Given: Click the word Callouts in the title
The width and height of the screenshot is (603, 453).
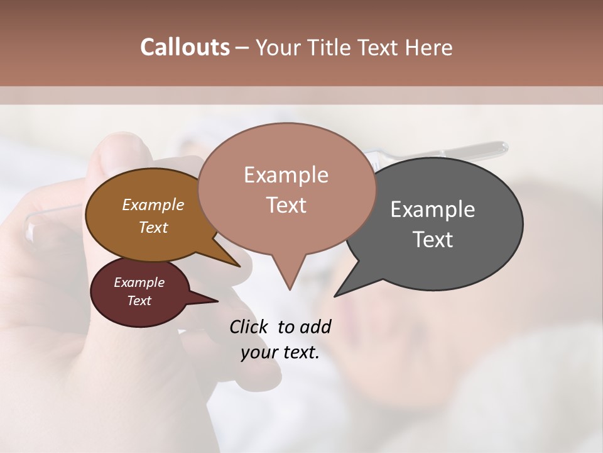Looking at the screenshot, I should click(x=185, y=47).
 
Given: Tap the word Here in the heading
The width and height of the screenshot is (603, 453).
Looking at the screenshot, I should click(x=426, y=47).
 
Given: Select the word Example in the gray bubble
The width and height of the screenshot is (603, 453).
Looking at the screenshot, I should click(x=433, y=210).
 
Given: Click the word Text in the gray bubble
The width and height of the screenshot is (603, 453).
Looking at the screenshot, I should click(x=433, y=239).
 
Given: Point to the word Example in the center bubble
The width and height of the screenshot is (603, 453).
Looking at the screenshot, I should click(x=286, y=175).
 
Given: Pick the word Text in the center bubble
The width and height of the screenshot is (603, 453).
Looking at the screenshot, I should click(x=286, y=204).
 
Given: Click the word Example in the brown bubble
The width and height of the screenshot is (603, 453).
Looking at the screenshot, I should click(x=153, y=204).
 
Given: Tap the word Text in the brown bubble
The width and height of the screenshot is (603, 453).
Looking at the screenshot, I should click(x=153, y=227).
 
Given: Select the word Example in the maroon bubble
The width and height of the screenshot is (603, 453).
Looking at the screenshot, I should click(x=139, y=282).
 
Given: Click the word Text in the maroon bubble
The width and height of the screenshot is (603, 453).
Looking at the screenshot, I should click(x=139, y=301).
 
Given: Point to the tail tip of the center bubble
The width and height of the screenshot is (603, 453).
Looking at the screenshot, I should click(x=289, y=288).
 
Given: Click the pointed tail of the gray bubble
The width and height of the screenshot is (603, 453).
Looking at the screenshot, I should click(x=337, y=294).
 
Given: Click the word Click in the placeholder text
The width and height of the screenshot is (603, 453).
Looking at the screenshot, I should click(x=249, y=327).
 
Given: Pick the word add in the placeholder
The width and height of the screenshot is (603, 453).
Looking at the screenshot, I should click(x=315, y=327).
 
